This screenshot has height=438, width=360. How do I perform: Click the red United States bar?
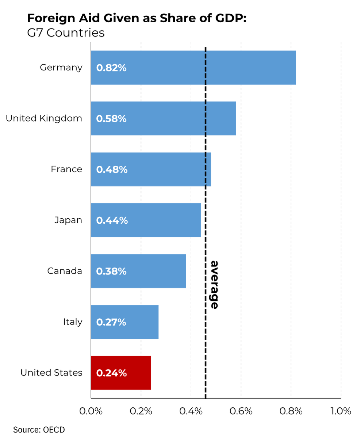pyautogui.click(x=121, y=373)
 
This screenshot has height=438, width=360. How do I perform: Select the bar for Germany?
pyautogui.click(x=194, y=68)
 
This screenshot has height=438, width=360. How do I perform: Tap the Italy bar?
pyautogui.click(x=125, y=322)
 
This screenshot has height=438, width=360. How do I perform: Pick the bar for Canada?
pyautogui.click(x=138, y=271)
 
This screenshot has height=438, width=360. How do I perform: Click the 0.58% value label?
pyautogui.click(x=111, y=119)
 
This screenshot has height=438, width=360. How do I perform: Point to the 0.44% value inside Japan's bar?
pyautogui.click(x=112, y=220)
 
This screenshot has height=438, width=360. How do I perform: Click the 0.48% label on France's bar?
pyautogui.click(x=112, y=169)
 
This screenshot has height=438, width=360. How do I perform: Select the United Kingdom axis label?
pyautogui.click(x=44, y=118)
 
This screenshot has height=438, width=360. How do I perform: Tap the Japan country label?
pyautogui.click(x=68, y=220)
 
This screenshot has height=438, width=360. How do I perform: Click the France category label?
pyautogui.click(x=66, y=169)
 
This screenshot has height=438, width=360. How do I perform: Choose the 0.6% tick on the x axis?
pyautogui.click(x=241, y=411)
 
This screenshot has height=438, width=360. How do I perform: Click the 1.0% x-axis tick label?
pyautogui.click(x=341, y=411)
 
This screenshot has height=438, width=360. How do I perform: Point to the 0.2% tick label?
pyautogui.click(x=141, y=411)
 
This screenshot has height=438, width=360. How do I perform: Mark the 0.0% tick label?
pyautogui.click(x=91, y=411)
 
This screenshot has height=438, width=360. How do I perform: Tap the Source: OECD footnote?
pyautogui.click(x=36, y=429)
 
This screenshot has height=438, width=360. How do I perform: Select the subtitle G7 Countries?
pyautogui.click(x=66, y=33)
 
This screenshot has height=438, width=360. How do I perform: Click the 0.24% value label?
pyautogui.click(x=111, y=373)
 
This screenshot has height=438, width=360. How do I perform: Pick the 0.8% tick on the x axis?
pyautogui.click(x=291, y=411)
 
